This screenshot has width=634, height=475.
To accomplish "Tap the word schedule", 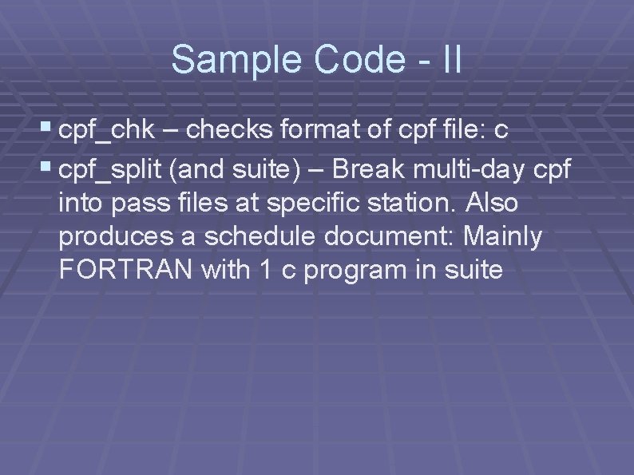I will tap(264, 236).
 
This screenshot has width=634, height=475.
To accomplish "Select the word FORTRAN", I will tap(125, 270).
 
